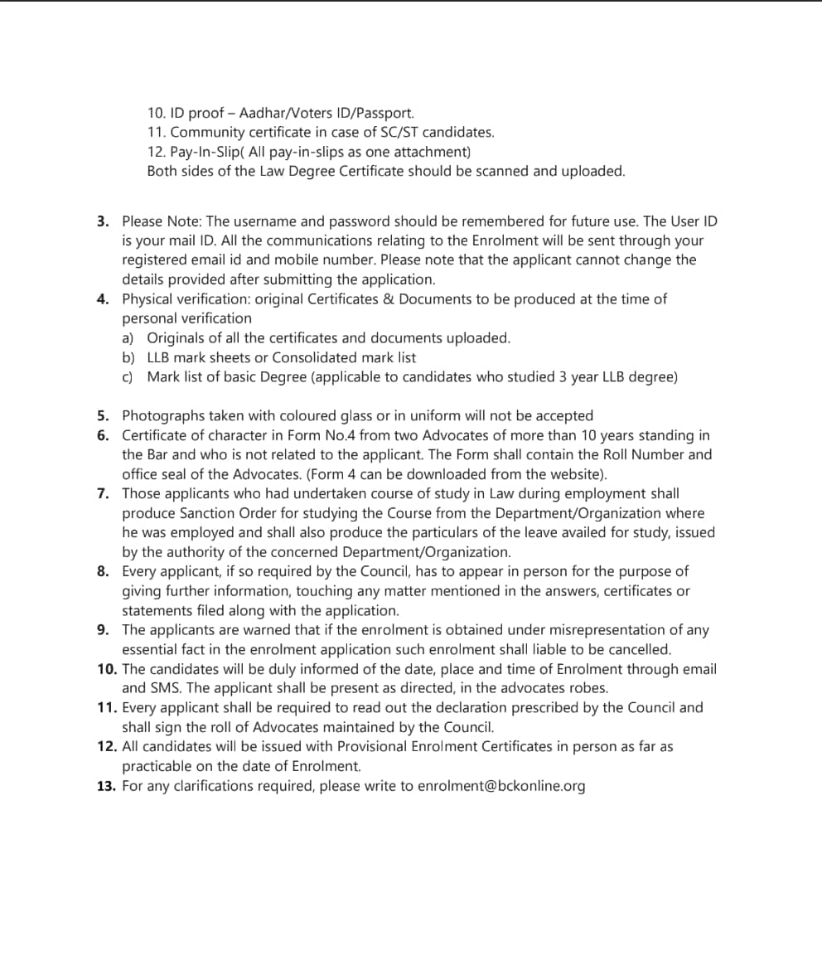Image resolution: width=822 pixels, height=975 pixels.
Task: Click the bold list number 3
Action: coord(102,221)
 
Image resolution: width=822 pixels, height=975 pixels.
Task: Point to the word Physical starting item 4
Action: coord(150,298)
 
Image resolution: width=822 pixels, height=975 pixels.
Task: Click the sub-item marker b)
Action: coord(128,357)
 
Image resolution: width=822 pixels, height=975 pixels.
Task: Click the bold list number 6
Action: coord(102,435)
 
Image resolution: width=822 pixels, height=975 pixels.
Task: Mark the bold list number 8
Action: coord(102,571)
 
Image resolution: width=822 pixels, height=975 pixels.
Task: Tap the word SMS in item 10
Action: coord(165,688)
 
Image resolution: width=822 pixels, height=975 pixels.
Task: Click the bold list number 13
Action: coord(106,786)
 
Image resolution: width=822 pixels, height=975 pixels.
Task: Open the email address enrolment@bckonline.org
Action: coord(501,786)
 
